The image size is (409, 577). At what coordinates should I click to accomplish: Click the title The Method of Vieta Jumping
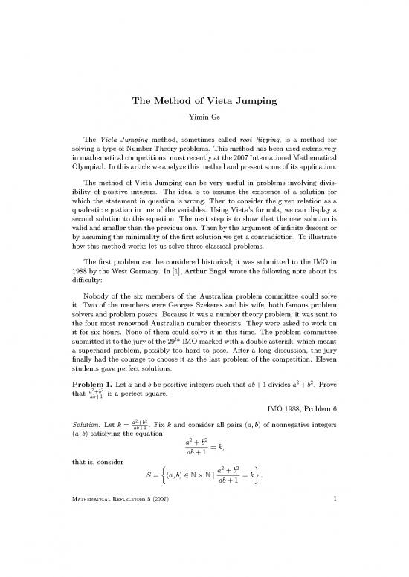click(x=204, y=102)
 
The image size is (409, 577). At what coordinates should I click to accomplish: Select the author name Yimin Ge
click(x=204, y=120)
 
